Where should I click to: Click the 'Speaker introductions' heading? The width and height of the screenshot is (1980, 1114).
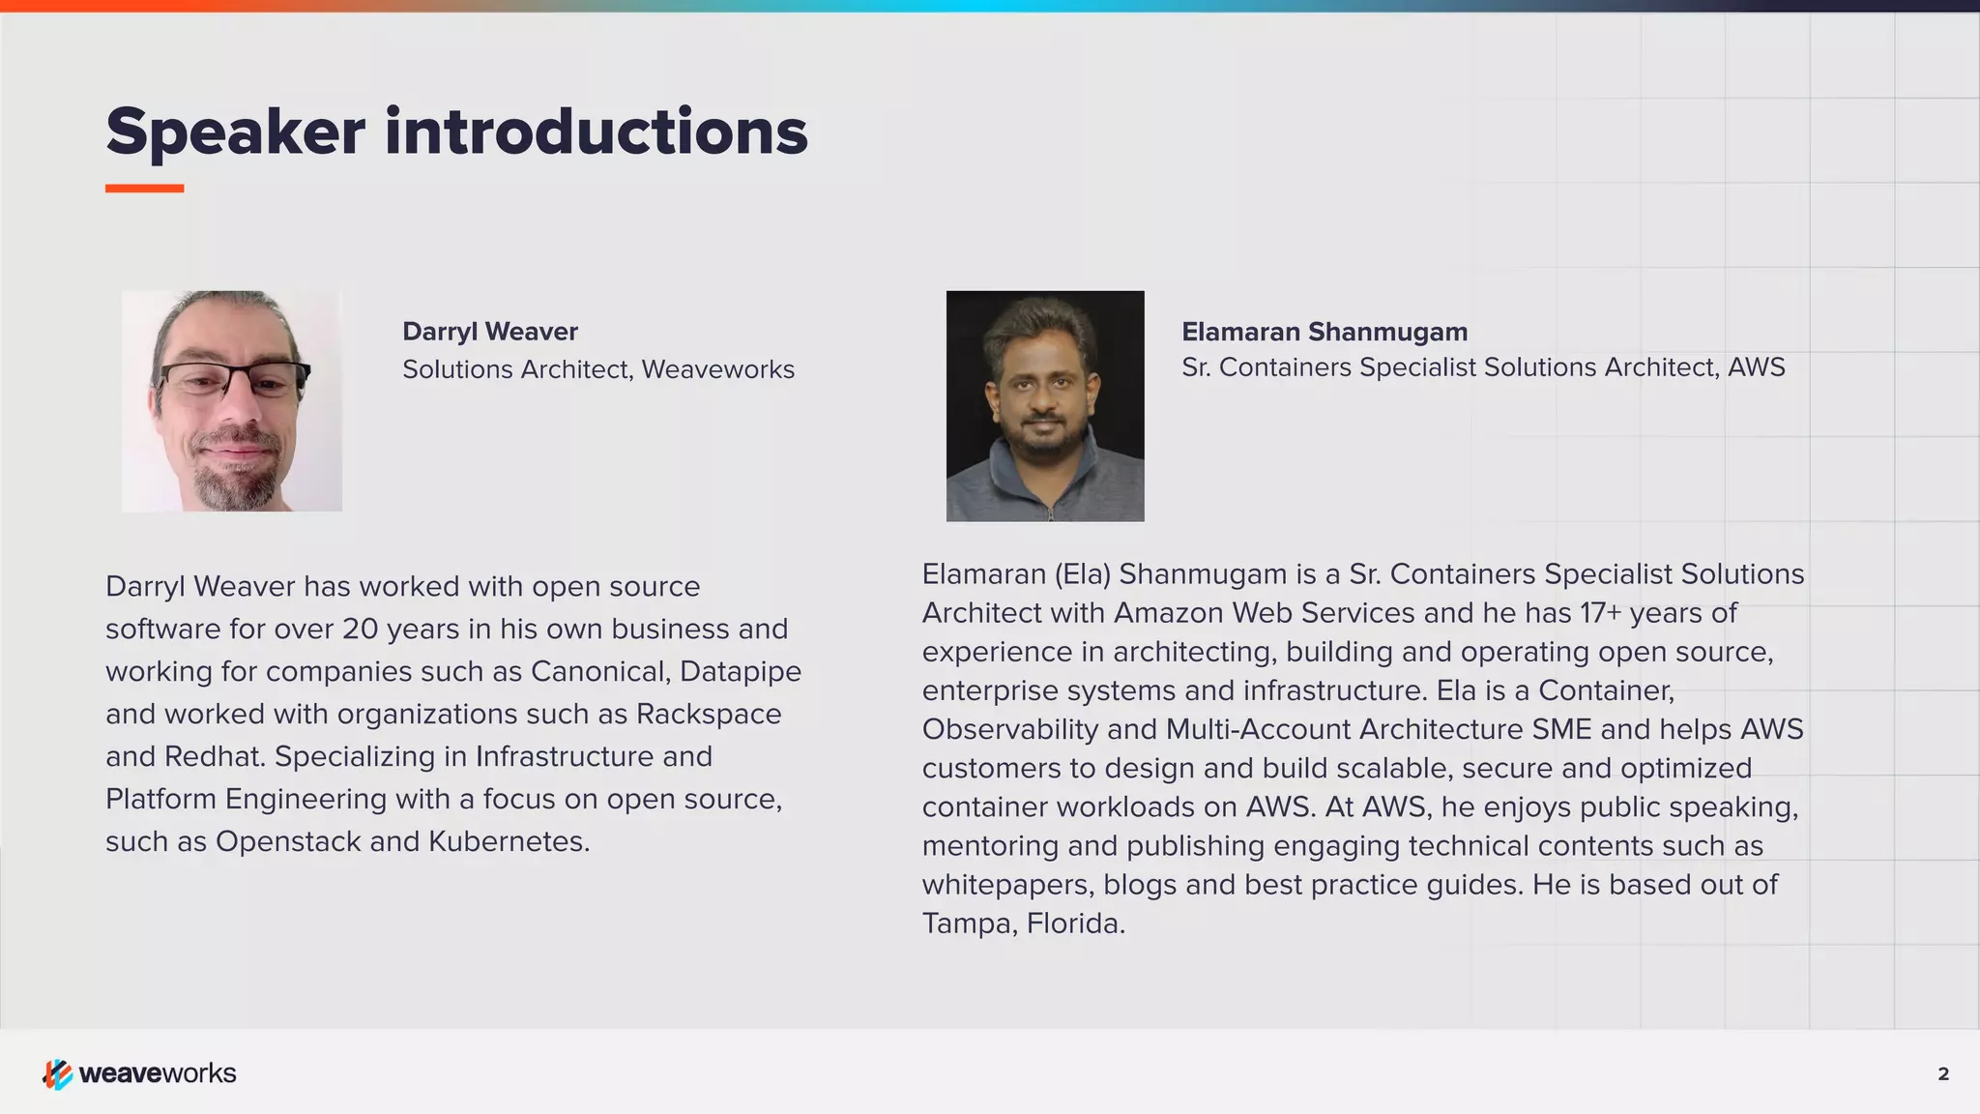[x=456, y=132]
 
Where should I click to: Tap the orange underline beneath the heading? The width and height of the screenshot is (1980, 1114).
[x=144, y=189]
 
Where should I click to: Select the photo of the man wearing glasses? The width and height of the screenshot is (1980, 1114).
[x=232, y=401]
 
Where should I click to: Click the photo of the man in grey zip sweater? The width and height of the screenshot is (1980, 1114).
[x=1045, y=406]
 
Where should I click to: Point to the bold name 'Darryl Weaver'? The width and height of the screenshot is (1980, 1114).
[x=490, y=332]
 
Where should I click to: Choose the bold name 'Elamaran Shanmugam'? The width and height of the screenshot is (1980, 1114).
[x=1325, y=332]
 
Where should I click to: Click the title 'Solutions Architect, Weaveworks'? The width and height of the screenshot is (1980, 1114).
[x=598, y=369]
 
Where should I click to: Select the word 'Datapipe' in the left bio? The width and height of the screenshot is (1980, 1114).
[x=741, y=671]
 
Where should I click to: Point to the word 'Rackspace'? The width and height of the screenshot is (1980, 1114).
[x=709, y=714]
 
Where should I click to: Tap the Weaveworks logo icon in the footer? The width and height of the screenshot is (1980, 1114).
[x=57, y=1073]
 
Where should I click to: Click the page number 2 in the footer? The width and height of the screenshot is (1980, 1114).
[x=1943, y=1073]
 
